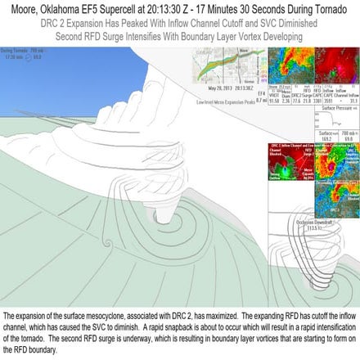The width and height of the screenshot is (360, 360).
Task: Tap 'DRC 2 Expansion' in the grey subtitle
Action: click(x=78, y=25)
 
